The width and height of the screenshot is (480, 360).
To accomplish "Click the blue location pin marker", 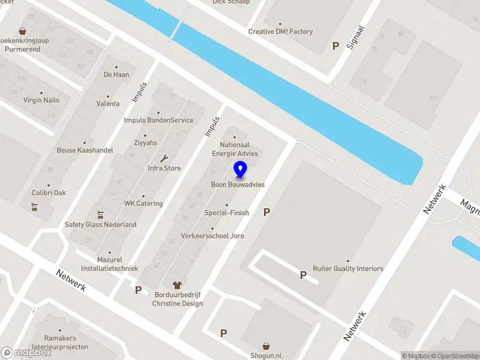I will [240, 170].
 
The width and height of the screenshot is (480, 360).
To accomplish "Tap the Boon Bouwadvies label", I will [238, 185].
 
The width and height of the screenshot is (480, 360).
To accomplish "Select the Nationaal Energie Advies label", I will [235, 149].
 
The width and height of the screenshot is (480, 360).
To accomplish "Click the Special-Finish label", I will [227, 212].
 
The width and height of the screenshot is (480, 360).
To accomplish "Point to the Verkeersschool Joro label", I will [212, 236].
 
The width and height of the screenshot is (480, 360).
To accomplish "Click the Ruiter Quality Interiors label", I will [348, 269].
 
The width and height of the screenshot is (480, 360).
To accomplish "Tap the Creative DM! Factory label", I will [280, 32].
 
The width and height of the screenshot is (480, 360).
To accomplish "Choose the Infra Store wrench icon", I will [164, 158].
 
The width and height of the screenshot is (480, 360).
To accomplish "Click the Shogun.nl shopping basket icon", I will [266, 346].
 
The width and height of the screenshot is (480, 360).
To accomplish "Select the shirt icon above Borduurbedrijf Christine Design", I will [177, 285].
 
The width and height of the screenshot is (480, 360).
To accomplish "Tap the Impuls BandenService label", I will [158, 120].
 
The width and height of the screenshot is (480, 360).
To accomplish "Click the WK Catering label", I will [143, 203].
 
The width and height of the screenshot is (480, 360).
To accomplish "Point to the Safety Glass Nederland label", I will [101, 224].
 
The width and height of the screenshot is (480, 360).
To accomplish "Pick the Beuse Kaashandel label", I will [85, 150].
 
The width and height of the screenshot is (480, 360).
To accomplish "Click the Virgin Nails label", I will [41, 100].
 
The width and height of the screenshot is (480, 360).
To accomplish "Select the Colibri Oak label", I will [49, 193].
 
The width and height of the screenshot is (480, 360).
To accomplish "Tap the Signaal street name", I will [356, 37].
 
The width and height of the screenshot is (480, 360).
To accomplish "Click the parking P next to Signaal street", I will [335, 46].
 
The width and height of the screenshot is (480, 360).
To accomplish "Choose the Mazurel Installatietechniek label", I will [110, 265].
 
